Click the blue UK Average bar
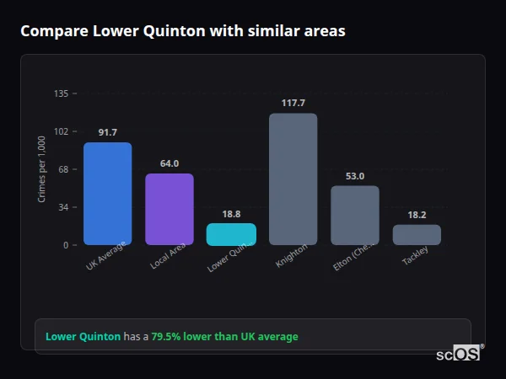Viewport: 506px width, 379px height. click(x=107, y=194)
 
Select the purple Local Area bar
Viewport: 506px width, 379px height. click(x=170, y=209)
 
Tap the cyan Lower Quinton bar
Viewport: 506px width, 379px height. click(x=231, y=234)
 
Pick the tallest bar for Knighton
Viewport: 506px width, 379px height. click(x=293, y=179)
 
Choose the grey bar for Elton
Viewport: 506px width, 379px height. click(x=354, y=215)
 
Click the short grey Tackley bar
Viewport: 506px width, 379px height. click(x=417, y=235)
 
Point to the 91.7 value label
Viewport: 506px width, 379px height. click(x=107, y=132)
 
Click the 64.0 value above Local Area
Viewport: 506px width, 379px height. click(x=170, y=163)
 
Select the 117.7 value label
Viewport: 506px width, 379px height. click(x=293, y=103)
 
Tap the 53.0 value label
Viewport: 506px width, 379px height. click(x=354, y=176)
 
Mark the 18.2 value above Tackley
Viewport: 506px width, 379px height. click(x=417, y=215)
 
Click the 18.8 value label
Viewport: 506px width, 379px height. click(x=231, y=214)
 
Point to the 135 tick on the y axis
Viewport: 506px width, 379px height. click(x=61, y=93)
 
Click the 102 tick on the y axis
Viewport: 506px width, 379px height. click(x=61, y=131)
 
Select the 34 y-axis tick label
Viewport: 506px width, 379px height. click(x=63, y=207)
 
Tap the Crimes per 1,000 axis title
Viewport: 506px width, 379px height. click(x=42, y=168)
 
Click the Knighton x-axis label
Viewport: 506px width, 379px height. click(x=292, y=256)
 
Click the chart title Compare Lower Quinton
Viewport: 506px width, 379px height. click(x=182, y=31)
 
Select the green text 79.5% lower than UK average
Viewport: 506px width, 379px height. click(x=224, y=337)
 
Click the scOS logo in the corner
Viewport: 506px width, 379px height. click(x=458, y=354)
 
